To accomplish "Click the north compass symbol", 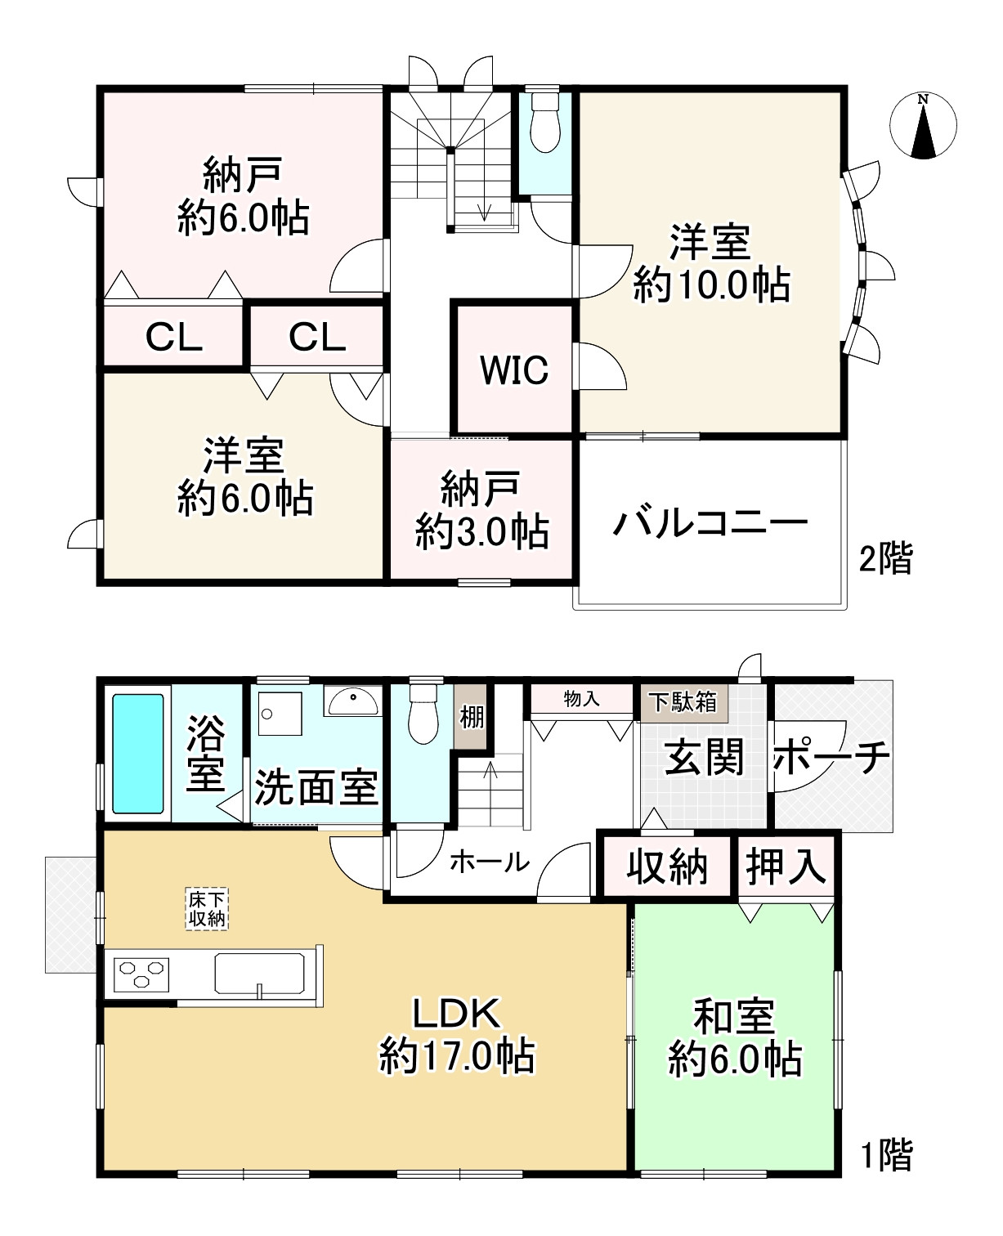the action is click(x=923, y=125).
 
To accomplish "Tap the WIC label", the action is click(x=514, y=369).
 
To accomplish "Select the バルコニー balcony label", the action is click(x=710, y=523).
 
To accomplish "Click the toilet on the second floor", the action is click(x=545, y=123).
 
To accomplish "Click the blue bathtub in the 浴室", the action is click(x=137, y=754).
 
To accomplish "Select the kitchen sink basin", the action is click(x=259, y=973).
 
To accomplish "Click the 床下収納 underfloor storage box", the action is click(x=207, y=909).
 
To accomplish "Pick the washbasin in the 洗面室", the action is click(x=353, y=701).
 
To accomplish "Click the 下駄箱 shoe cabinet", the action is click(x=684, y=703).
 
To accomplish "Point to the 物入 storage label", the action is click(x=582, y=699).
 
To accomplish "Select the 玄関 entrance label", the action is click(x=704, y=757).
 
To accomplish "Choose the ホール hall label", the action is click(x=490, y=862).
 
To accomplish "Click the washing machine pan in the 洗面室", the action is click(x=280, y=714).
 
